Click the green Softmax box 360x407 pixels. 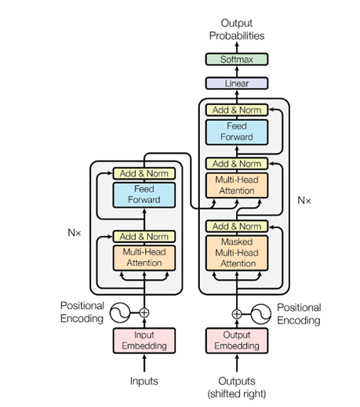click(237, 60)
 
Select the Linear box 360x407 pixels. click(237, 83)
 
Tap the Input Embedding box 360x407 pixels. click(144, 340)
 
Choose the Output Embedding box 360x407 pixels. click(237, 340)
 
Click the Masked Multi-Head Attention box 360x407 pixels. click(237, 253)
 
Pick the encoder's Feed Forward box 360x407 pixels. click(144, 195)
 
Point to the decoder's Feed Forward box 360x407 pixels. click(237, 132)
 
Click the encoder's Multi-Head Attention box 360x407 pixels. click(144, 258)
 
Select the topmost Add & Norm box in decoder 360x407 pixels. click(237, 110)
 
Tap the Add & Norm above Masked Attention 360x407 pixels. click(237, 226)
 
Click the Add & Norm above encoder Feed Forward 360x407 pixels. click(144, 173)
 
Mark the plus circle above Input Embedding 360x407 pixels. click(144, 313)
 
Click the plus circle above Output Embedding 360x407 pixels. click(237, 314)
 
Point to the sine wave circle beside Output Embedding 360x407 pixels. click(260, 314)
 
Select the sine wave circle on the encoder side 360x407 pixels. click(120, 313)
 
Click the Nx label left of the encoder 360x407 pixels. click(75, 232)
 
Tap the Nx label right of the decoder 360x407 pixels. click(304, 201)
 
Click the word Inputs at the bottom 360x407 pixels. click(144, 381)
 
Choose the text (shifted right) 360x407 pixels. click(237, 394)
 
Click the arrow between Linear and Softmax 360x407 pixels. click(237, 71)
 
